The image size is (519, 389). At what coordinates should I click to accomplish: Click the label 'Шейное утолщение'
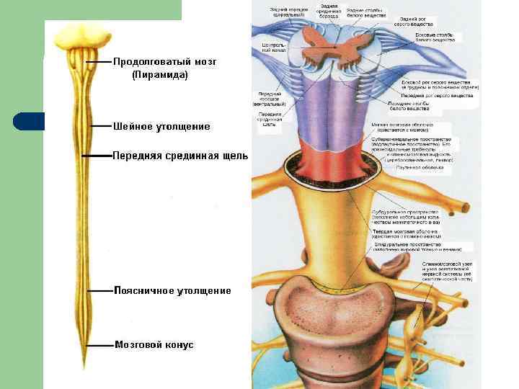coord(161,127)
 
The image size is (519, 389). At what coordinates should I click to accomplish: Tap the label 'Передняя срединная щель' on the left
coord(180,156)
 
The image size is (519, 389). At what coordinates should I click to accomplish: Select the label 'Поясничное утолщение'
coord(172,291)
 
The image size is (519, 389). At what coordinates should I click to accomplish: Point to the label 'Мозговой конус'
coord(154,345)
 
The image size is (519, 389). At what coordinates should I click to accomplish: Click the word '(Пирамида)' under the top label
coord(160,74)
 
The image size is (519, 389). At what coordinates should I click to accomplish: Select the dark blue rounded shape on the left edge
coord(29,121)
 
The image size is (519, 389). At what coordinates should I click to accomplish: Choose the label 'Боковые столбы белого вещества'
coord(435,37)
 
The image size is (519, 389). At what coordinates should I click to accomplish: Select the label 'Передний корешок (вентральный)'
coord(269,98)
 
